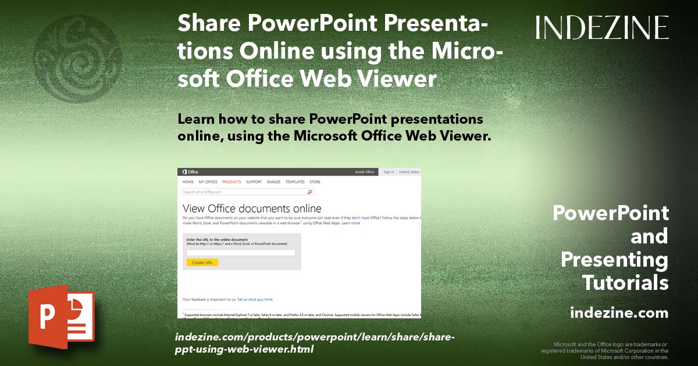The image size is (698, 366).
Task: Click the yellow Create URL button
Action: (x=202, y=263)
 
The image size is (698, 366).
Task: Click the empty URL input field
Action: (x=241, y=253)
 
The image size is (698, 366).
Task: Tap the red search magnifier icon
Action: (x=310, y=191)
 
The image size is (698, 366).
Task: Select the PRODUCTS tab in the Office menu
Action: (x=232, y=182)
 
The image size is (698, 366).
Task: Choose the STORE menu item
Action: (x=315, y=182)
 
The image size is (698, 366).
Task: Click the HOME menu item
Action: (x=188, y=182)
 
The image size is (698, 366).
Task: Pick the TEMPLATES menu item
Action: (x=295, y=182)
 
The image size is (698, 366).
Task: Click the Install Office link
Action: (x=365, y=172)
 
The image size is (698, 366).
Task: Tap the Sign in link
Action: (x=389, y=172)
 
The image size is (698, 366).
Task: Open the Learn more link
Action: (x=351, y=223)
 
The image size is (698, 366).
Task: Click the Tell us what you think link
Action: (x=255, y=299)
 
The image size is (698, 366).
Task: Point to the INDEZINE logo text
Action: (x=602, y=27)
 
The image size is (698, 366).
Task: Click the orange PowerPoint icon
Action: (x=61, y=317)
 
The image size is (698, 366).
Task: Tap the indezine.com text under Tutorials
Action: (x=619, y=313)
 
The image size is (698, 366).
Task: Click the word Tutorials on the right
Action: (x=625, y=283)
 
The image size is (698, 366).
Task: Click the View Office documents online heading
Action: (x=252, y=208)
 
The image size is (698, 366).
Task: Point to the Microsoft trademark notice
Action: (x=605, y=350)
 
